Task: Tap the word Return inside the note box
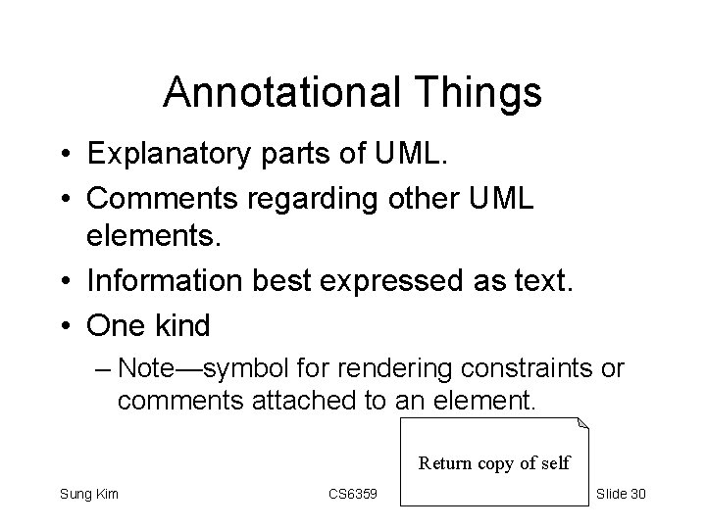[446, 462]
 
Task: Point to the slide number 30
[635, 494]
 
